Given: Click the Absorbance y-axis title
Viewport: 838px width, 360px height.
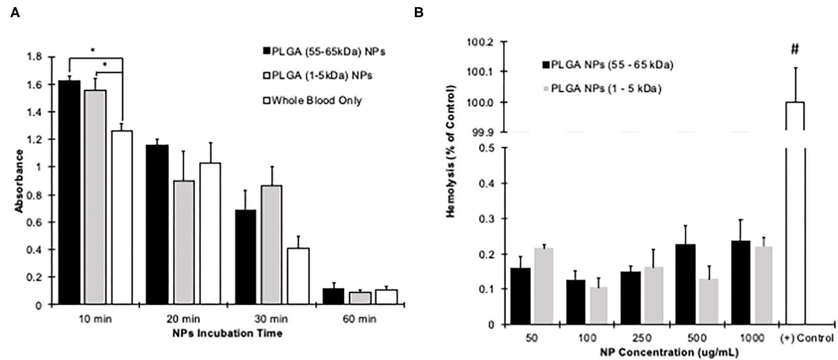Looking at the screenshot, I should pyautogui.click(x=19, y=181).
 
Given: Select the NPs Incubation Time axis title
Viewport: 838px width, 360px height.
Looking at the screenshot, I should pyautogui.click(x=227, y=334).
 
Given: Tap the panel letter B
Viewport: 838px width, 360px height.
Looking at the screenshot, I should pyautogui.click(x=419, y=13).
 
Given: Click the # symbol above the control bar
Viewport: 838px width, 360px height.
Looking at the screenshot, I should pyautogui.click(x=794, y=49).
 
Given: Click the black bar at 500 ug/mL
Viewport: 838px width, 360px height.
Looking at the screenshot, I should pyautogui.click(x=685, y=284).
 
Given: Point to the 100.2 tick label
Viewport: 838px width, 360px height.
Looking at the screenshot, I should pyautogui.click(x=480, y=43).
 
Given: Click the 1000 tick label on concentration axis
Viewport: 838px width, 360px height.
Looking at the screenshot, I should pyautogui.click(x=752, y=338).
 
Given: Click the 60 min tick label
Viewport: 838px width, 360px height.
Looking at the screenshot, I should pyautogui.click(x=359, y=319).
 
